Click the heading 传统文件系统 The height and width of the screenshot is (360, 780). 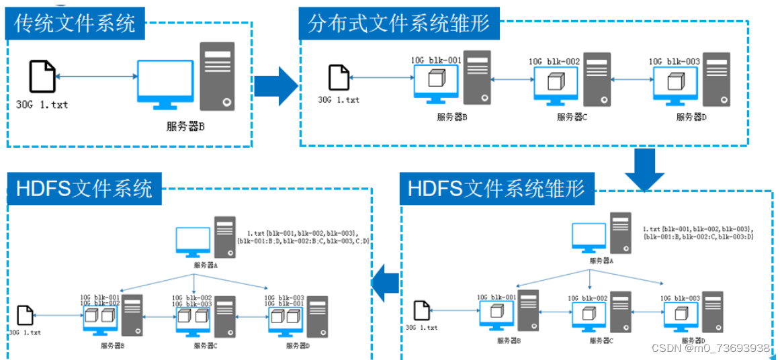click(75, 23)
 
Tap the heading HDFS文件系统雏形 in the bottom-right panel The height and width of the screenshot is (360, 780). click(496, 189)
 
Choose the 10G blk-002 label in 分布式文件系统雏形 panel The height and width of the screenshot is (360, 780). click(554, 62)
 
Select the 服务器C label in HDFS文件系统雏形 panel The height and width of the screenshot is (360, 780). click(603, 341)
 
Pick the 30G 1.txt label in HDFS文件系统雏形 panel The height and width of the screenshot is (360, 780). click(421, 328)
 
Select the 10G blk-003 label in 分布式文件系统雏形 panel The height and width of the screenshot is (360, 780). click(675, 62)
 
